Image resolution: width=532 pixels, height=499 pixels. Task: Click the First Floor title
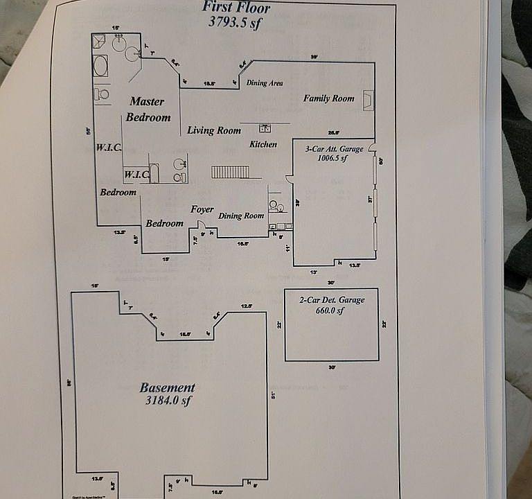tap(236, 8)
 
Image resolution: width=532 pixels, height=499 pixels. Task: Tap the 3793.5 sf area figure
tap(236, 21)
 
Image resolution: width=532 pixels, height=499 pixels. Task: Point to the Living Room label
tap(214, 130)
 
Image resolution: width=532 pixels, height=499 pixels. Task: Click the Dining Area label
tap(265, 83)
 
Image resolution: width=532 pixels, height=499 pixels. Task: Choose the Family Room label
tap(328, 98)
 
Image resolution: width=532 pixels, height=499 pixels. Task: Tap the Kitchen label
tap(263, 144)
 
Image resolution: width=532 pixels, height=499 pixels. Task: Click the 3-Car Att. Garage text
tap(335, 149)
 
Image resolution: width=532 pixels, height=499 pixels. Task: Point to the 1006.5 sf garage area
tap(332, 158)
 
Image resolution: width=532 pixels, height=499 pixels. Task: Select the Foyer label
tap(202, 209)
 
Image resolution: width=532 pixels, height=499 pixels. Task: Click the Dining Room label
tap(241, 216)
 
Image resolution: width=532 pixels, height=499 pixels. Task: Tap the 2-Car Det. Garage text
tap(331, 300)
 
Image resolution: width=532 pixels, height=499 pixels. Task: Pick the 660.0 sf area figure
tap(331, 310)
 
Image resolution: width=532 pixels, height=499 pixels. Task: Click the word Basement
tap(167, 388)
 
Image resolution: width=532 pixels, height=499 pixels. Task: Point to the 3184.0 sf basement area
tap(166, 401)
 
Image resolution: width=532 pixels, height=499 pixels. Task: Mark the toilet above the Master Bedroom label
tap(103, 93)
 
